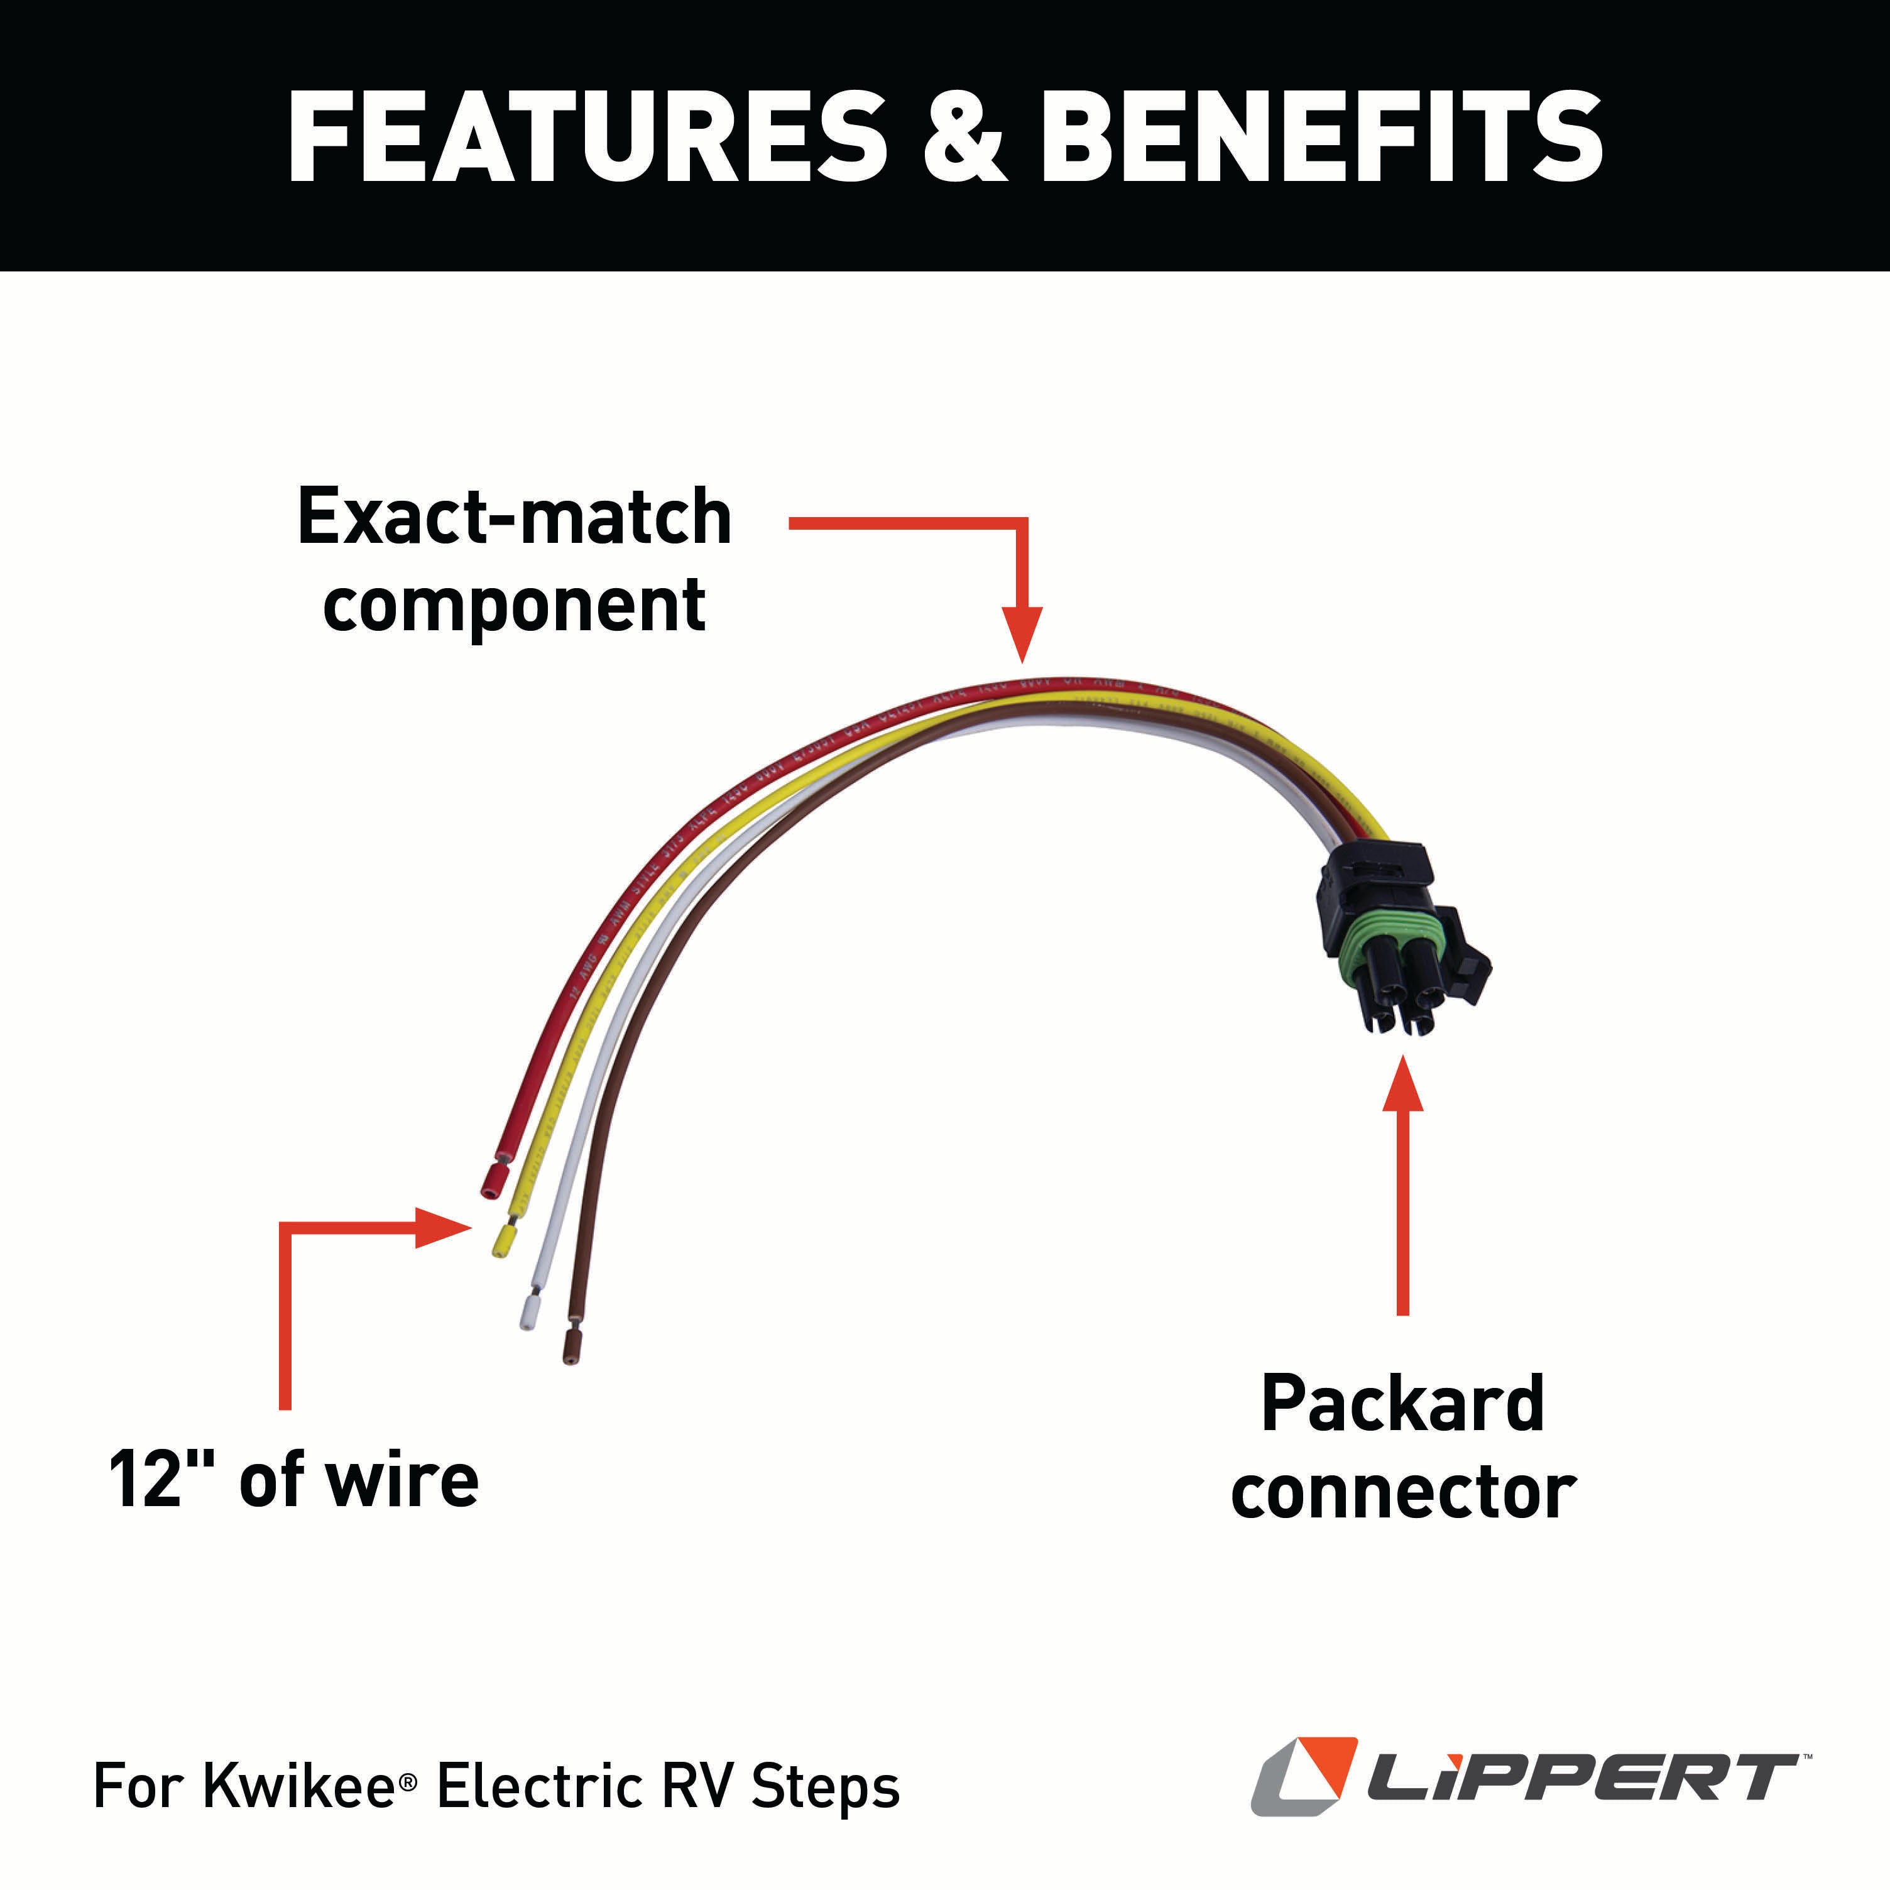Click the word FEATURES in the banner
coord(586,137)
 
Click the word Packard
coord(1402,1404)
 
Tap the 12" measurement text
coord(147,1479)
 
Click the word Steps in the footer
coord(824,1788)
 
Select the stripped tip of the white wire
coord(529,1311)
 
